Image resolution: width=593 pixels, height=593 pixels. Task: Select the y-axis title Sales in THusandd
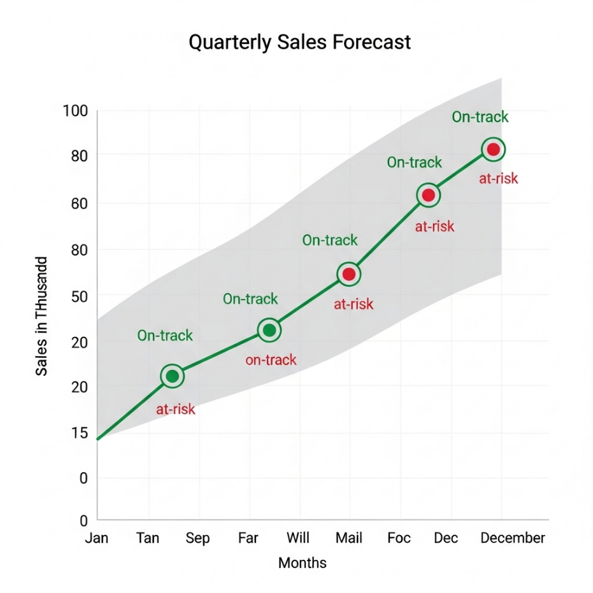(x=41, y=316)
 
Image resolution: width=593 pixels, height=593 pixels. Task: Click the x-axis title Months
(x=303, y=563)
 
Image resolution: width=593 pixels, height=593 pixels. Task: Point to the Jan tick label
(x=97, y=538)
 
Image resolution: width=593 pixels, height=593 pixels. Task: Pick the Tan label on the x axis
(x=148, y=538)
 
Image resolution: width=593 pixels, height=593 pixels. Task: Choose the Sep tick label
(x=197, y=538)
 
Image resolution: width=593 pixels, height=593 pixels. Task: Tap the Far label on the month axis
(x=248, y=538)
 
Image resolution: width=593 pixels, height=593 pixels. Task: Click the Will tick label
(x=297, y=538)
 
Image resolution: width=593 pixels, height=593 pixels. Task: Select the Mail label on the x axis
(x=348, y=538)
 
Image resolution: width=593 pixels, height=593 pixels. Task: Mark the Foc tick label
(x=399, y=538)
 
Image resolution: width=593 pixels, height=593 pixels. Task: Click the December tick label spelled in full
(x=513, y=538)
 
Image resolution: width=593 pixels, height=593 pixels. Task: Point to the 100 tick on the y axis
(x=75, y=111)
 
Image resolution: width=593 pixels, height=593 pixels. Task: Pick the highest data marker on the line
(x=493, y=150)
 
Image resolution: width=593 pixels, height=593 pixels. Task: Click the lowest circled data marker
(x=172, y=376)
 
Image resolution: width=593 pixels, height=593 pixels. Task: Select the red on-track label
(x=271, y=361)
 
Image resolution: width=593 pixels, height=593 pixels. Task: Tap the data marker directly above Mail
(x=348, y=275)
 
